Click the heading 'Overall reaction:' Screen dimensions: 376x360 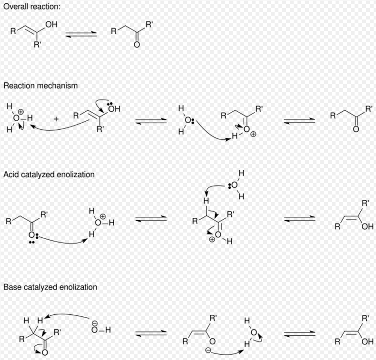[32, 7]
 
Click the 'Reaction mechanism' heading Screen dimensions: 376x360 [40, 86]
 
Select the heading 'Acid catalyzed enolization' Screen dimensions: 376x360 [49, 175]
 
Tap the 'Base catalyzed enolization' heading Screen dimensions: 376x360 [50, 287]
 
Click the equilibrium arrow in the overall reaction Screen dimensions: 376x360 [81, 35]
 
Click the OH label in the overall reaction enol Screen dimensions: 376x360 [51, 24]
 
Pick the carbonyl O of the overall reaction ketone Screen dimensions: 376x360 [137, 45]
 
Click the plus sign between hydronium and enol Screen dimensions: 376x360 [56, 119]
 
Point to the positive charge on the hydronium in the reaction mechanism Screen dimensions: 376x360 [21, 112]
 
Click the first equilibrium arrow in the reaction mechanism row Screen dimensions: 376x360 [151, 121]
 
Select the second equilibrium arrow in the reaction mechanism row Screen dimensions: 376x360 [299, 121]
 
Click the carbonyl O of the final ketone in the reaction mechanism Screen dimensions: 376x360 [356, 129]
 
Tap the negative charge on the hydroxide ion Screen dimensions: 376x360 [95, 322]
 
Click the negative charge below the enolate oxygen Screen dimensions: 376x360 [208, 350]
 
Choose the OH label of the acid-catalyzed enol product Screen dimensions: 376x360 [367, 226]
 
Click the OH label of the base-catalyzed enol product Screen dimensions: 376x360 [367, 341]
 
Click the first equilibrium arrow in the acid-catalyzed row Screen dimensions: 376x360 [151, 218]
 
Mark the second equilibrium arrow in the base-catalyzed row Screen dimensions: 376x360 [299, 333]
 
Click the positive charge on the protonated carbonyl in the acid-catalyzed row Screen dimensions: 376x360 [212, 239]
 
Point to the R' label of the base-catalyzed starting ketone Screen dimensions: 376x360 [58, 332]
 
